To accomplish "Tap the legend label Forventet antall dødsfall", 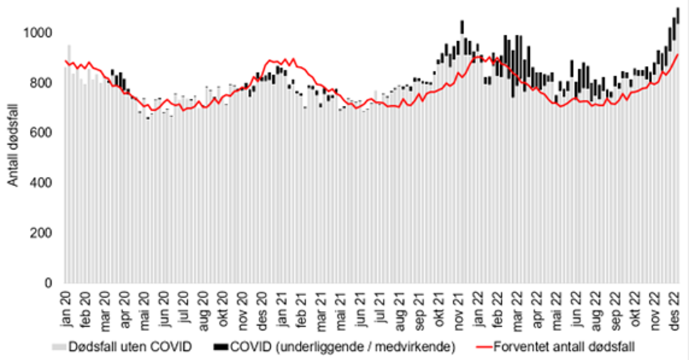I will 563,347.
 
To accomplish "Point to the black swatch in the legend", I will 221,347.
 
